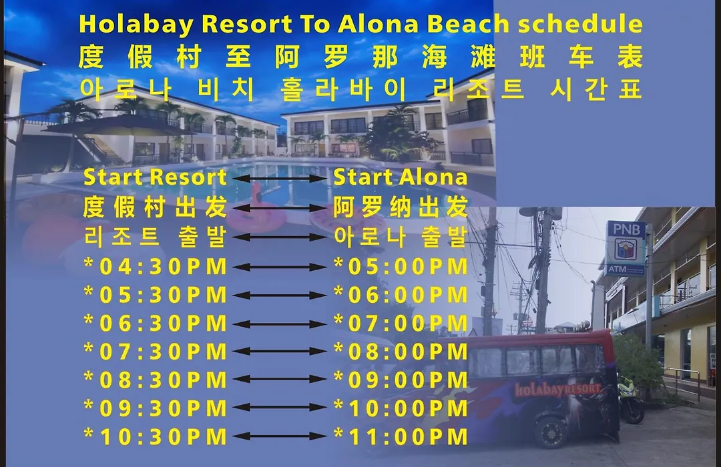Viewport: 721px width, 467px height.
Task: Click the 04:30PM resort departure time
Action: click(156, 267)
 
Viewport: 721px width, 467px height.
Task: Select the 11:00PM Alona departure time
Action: click(401, 437)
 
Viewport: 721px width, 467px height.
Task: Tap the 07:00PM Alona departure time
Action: click(401, 323)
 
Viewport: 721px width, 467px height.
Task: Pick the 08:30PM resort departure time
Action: click(156, 380)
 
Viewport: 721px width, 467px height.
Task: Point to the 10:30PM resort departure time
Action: click(156, 437)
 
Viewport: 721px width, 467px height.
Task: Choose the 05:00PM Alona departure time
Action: click(401, 267)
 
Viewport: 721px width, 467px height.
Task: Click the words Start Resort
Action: click(155, 177)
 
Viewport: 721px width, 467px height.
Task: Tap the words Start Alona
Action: click(400, 177)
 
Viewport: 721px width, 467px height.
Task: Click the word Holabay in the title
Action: click(136, 25)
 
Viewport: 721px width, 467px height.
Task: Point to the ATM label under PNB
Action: click(617, 269)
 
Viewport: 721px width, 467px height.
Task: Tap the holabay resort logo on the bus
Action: click(557, 390)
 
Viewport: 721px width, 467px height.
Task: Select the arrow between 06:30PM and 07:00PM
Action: click(280, 324)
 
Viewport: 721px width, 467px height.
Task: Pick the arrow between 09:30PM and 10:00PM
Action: click(280, 408)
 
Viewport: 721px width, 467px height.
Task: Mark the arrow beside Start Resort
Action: click(280, 178)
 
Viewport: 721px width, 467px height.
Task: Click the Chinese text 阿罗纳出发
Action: click(401, 207)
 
